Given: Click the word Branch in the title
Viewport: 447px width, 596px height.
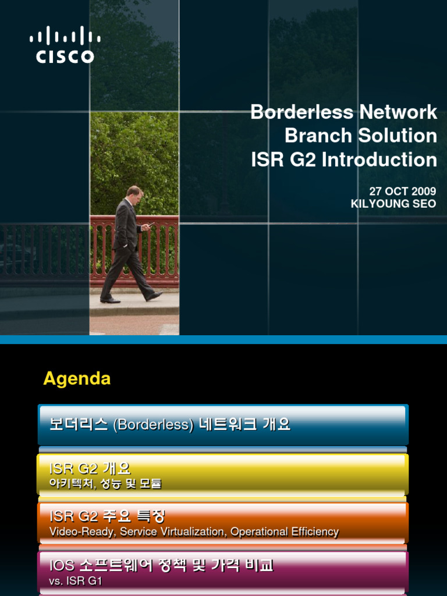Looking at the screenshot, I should pyautogui.click(x=318, y=136).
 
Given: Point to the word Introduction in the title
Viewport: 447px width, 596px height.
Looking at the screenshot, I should pyautogui.click(x=379, y=159).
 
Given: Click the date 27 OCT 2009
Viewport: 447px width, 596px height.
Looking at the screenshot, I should pyautogui.click(x=402, y=191).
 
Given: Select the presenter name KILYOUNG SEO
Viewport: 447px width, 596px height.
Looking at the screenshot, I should pyautogui.click(x=393, y=204).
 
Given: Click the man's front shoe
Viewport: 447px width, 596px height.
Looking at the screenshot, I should pyautogui.click(x=154, y=296).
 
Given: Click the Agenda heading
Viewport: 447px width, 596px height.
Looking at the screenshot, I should pyautogui.click(x=77, y=379).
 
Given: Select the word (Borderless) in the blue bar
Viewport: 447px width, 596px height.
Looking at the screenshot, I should pyautogui.click(x=154, y=425).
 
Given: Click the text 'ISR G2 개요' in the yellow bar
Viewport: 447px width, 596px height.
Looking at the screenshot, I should pyautogui.click(x=90, y=469).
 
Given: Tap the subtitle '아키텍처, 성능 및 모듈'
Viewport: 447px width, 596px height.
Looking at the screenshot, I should pyautogui.click(x=105, y=483).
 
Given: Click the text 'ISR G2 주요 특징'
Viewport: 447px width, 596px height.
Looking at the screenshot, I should pyautogui.click(x=108, y=516).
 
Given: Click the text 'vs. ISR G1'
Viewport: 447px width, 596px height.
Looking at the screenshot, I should pyautogui.click(x=72, y=580).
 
